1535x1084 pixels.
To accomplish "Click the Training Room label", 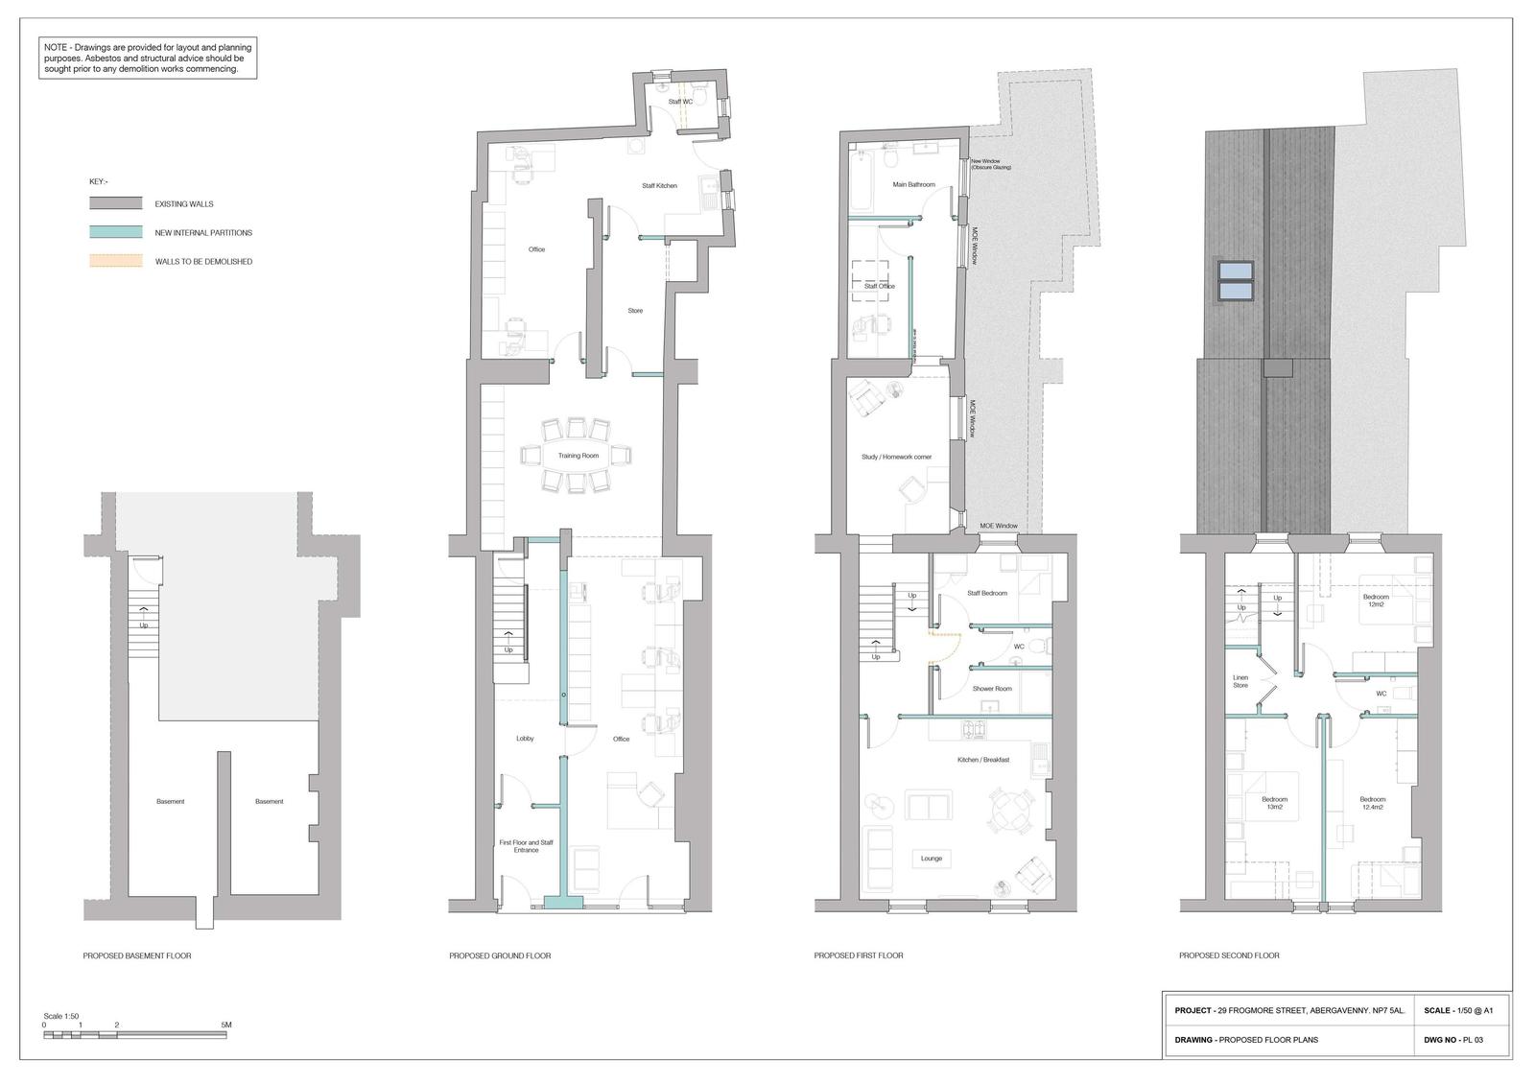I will pyautogui.click(x=578, y=456).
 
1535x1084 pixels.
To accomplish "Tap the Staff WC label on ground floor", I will pyautogui.click(x=680, y=102).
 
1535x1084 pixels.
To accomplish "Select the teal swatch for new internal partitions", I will pyautogui.click(x=115, y=232).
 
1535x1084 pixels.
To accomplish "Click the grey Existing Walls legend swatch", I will pyautogui.click(x=115, y=203).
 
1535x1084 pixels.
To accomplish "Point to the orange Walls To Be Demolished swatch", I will pyautogui.click(x=115, y=261).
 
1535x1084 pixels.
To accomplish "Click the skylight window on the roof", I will pyautogui.click(x=1235, y=279).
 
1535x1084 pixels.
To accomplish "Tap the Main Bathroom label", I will pyautogui.click(x=912, y=184).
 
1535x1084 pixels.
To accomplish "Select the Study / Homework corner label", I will pyautogui.click(x=896, y=457).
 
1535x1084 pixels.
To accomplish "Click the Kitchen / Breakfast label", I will pyautogui.click(x=982, y=760).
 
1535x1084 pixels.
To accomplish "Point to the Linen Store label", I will pyautogui.click(x=1240, y=681).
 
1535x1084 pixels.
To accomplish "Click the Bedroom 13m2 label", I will pyautogui.click(x=1274, y=803).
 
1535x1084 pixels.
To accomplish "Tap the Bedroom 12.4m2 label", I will pyautogui.click(x=1372, y=803).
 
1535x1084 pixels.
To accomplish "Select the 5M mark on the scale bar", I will pyautogui.click(x=225, y=1025).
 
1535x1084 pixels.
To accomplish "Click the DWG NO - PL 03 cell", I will pyautogui.click(x=1460, y=1040).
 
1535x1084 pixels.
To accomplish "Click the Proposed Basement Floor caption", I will pyautogui.click(x=136, y=955).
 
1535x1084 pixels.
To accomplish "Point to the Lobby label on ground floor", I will pyautogui.click(x=525, y=739).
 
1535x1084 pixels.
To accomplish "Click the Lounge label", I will pyautogui.click(x=931, y=859).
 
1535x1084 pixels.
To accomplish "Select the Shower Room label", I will pyautogui.click(x=991, y=689).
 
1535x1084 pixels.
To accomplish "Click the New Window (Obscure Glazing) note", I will pyautogui.click(x=990, y=164).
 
